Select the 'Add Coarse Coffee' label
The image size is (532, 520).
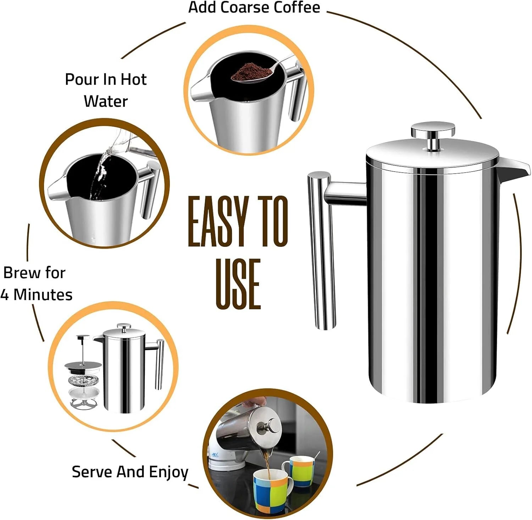point(254,7)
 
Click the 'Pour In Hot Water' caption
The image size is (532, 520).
point(106,90)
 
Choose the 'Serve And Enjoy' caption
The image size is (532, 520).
point(130,472)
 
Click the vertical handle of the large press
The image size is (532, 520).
point(321,252)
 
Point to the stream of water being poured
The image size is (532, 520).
point(99,174)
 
